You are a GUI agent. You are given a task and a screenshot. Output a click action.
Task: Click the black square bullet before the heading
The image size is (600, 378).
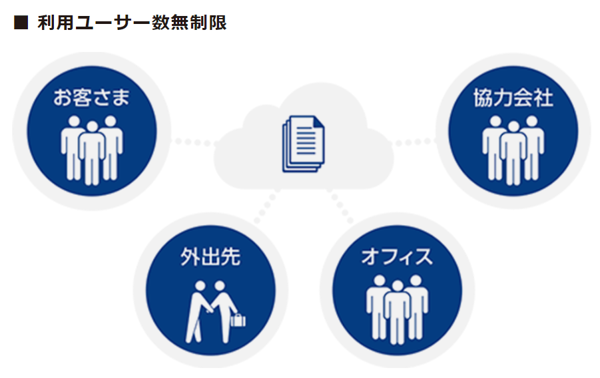(x=20, y=23)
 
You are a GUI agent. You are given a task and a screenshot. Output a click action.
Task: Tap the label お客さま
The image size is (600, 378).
(x=91, y=99)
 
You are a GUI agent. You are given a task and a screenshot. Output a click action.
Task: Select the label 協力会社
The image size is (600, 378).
(x=513, y=99)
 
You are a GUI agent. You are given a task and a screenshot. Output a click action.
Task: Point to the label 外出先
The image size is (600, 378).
(x=210, y=257)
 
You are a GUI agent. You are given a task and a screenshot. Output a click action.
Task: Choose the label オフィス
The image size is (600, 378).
(x=397, y=257)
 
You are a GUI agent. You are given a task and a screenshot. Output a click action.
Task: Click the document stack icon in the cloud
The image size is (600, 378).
(x=303, y=143)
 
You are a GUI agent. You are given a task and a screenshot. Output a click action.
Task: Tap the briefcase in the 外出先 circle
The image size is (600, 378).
(x=237, y=320)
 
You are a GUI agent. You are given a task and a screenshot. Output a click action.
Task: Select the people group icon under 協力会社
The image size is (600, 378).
(x=513, y=148)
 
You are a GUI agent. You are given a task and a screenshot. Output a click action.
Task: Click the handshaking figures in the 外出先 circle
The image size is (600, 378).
(x=210, y=309)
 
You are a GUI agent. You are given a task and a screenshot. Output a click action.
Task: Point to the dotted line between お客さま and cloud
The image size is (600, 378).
(x=192, y=142)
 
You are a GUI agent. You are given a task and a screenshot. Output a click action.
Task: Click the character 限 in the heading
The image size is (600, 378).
(x=217, y=23)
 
